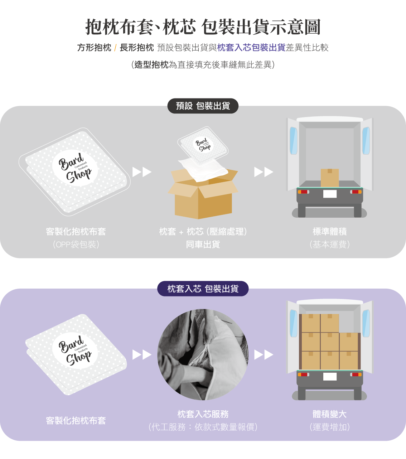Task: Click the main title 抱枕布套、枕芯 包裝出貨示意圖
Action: [203, 27]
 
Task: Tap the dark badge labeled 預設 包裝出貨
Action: [203, 106]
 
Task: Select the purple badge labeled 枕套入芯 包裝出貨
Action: [203, 289]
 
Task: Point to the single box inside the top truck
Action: [329, 178]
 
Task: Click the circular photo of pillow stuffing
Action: [203, 354]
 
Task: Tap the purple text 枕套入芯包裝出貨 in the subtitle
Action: [251, 48]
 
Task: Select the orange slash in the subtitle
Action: [115, 48]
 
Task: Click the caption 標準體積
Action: [329, 232]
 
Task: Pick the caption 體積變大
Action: [329, 414]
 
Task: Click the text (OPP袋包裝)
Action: [76, 245]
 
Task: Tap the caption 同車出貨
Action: [203, 245]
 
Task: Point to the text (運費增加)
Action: [329, 427]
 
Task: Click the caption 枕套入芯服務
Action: [203, 414]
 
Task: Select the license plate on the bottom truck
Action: [330, 376]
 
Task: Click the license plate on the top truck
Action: [330, 194]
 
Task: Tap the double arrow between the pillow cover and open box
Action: [142, 172]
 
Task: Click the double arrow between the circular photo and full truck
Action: [264, 354]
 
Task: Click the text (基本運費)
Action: [329, 245]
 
